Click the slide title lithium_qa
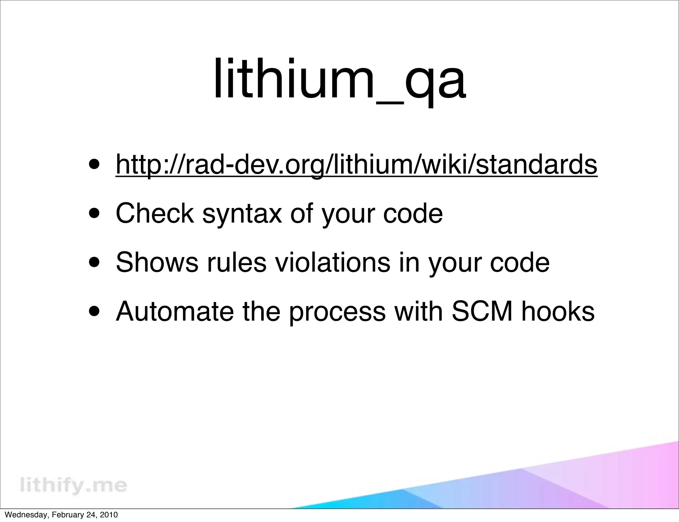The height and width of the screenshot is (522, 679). coord(339,79)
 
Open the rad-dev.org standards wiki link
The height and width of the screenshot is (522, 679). coord(356,165)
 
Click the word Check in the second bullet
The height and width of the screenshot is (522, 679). coord(154,213)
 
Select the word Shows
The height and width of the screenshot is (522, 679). coord(157,262)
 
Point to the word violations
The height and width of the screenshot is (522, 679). coord(333,262)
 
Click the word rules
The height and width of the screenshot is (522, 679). coord(236,262)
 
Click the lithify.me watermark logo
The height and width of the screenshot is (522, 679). coord(73,485)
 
